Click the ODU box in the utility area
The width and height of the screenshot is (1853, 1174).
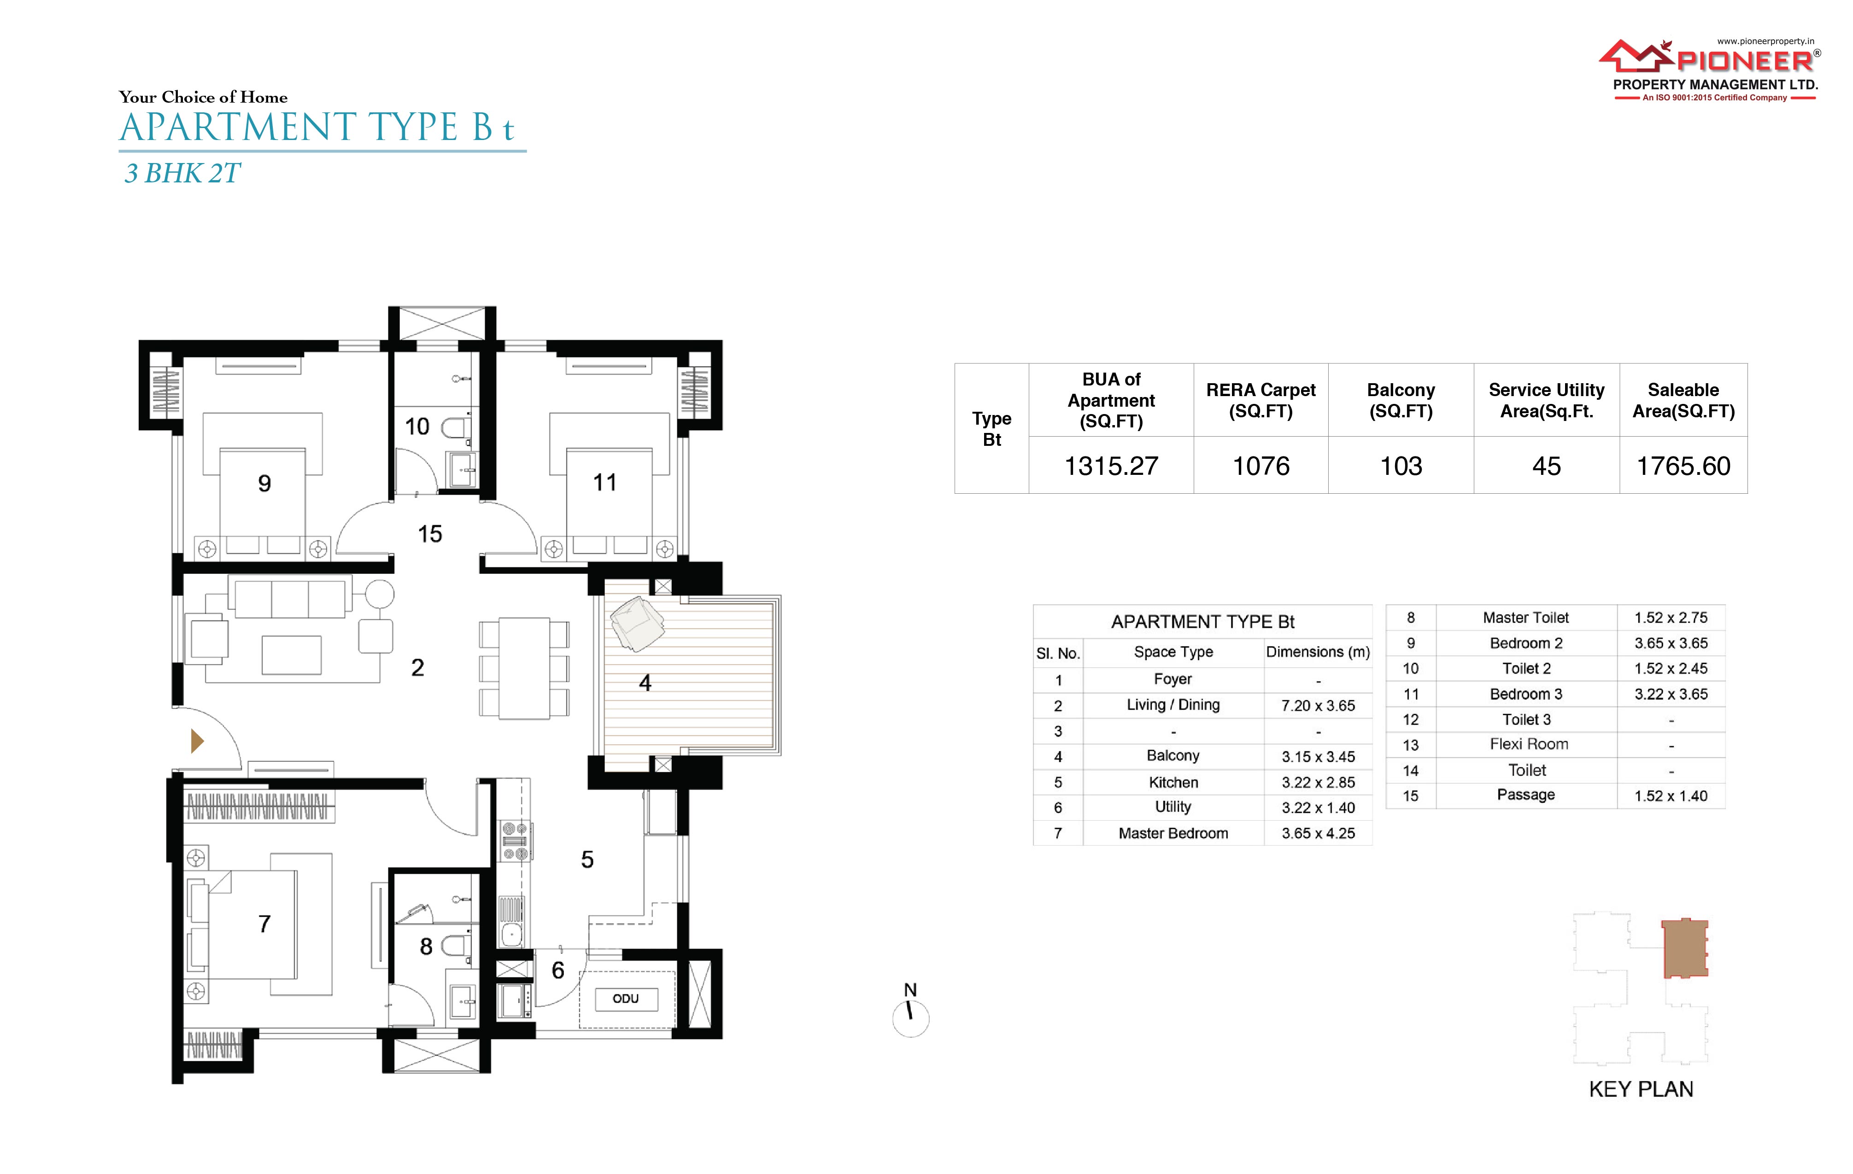[x=626, y=999]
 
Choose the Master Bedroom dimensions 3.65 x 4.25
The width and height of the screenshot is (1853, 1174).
[x=1318, y=833]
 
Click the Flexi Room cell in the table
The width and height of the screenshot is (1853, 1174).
[x=1528, y=744]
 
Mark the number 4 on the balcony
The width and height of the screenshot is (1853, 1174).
[x=645, y=683]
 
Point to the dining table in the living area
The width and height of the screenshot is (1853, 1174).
[x=524, y=668]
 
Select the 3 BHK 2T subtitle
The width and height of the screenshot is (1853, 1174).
[x=182, y=173]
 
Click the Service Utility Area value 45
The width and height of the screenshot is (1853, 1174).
[x=1546, y=466]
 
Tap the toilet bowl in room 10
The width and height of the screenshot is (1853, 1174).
[x=456, y=428]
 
